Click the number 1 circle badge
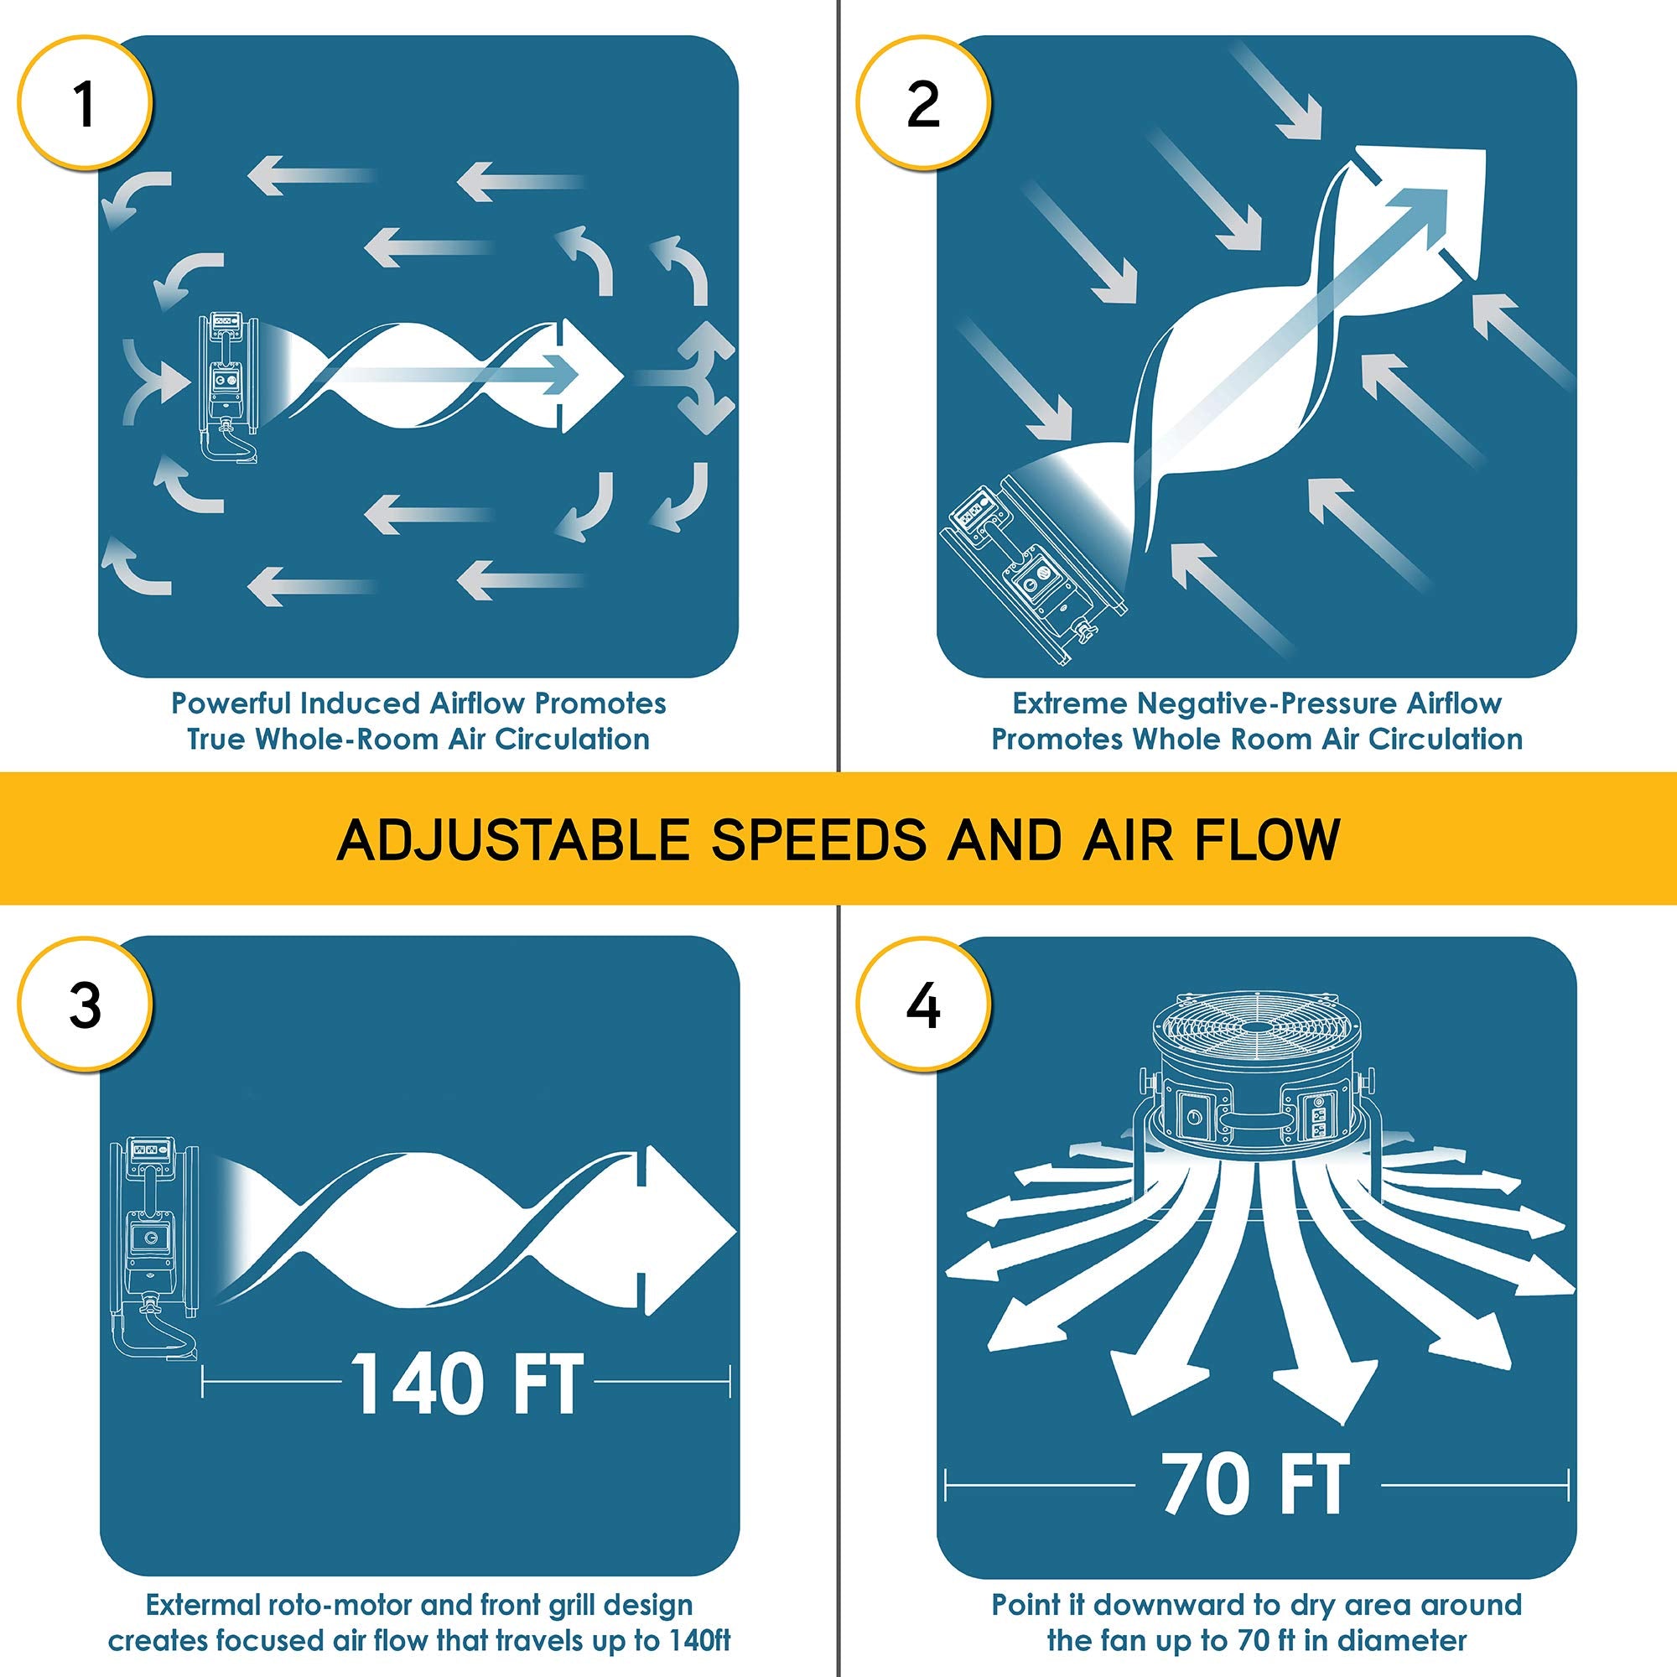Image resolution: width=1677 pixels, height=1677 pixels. [x=85, y=104]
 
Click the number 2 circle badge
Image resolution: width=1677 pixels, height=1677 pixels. [x=923, y=104]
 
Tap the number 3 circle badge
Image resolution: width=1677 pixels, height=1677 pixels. [x=85, y=1005]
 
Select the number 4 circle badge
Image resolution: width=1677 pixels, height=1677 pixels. [x=923, y=1005]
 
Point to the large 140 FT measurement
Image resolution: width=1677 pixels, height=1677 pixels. [x=467, y=1386]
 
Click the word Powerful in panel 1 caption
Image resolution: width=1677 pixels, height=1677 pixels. [x=231, y=704]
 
